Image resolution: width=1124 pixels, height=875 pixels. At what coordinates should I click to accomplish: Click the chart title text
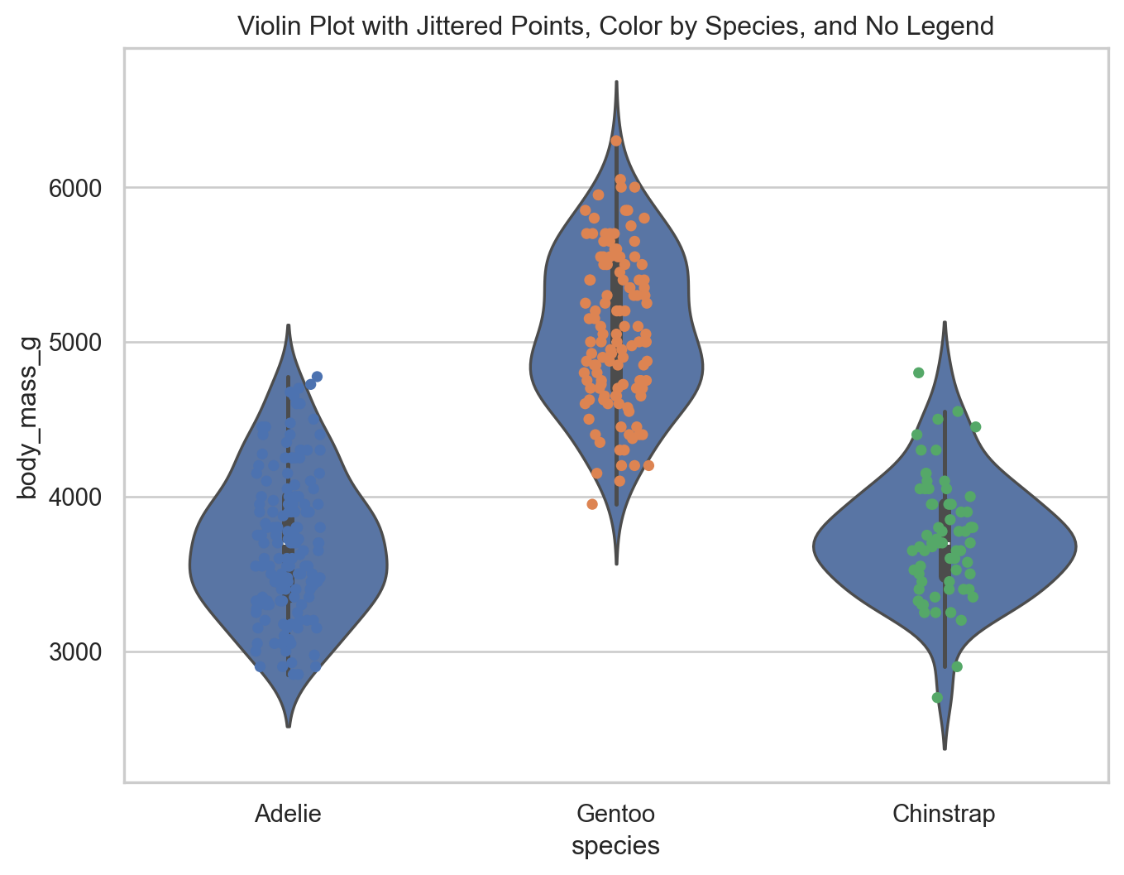[x=615, y=26]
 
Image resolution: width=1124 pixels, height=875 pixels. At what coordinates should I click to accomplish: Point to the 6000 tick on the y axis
[x=79, y=188]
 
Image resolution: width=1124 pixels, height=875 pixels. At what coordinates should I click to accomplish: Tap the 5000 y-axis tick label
[x=79, y=342]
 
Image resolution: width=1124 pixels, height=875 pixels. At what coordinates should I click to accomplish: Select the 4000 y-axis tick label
[x=79, y=497]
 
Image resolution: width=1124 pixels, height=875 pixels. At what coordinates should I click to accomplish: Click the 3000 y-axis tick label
[x=79, y=651]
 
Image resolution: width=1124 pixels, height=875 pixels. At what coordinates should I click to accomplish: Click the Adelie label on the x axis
[x=288, y=814]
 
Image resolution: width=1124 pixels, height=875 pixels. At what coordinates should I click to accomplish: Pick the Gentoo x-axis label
[x=615, y=814]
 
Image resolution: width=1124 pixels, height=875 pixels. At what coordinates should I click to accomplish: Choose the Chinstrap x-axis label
[x=944, y=814]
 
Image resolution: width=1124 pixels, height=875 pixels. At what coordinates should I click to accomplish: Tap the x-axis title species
[x=615, y=845]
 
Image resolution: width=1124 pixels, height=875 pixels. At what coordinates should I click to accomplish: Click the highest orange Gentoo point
[x=616, y=141]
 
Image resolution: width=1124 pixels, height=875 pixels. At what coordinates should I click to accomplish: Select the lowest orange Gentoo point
[x=592, y=504]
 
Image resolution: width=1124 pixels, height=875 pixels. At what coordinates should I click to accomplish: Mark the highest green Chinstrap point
[x=918, y=373]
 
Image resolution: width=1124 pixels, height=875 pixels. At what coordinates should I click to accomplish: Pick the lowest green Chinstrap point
[x=937, y=698]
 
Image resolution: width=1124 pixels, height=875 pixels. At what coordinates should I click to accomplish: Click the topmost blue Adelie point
[x=317, y=377]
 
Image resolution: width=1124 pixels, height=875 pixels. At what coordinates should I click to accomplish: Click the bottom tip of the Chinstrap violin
[x=944, y=749]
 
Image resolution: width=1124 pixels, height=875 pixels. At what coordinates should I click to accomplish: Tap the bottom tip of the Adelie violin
[x=288, y=726]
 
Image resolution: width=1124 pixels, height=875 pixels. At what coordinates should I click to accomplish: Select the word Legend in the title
[x=955, y=26]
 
